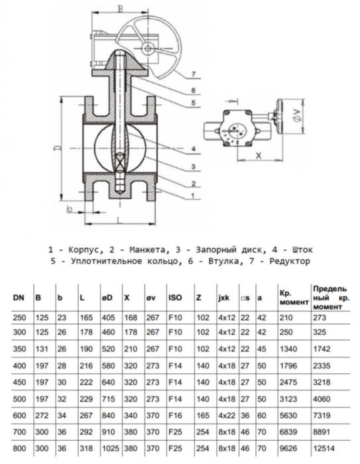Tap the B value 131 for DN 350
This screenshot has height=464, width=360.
pyautogui.click(x=40, y=349)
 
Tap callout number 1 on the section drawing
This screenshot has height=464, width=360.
pyautogui.click(x=192, y=195)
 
